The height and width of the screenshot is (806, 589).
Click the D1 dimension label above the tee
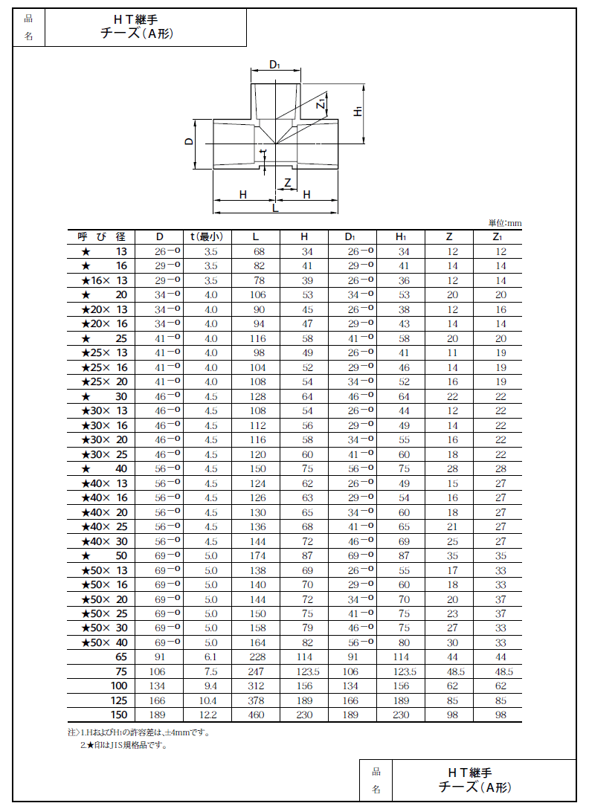point(274,65)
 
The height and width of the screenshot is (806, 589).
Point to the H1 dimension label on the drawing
point(358,112)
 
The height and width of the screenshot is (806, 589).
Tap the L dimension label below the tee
point(275,209)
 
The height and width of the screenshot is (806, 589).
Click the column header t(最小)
point(210,237)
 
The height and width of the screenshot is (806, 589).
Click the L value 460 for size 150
point(256,715)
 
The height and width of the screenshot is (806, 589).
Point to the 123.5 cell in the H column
point(303,671)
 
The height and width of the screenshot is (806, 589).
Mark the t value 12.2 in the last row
point(210,715)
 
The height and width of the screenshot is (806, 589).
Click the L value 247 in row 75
point(256,671)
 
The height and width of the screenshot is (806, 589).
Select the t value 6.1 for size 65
point(210,657)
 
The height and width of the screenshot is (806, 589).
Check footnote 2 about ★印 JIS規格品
point(123,745)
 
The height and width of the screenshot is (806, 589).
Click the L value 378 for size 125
point(256,700)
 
